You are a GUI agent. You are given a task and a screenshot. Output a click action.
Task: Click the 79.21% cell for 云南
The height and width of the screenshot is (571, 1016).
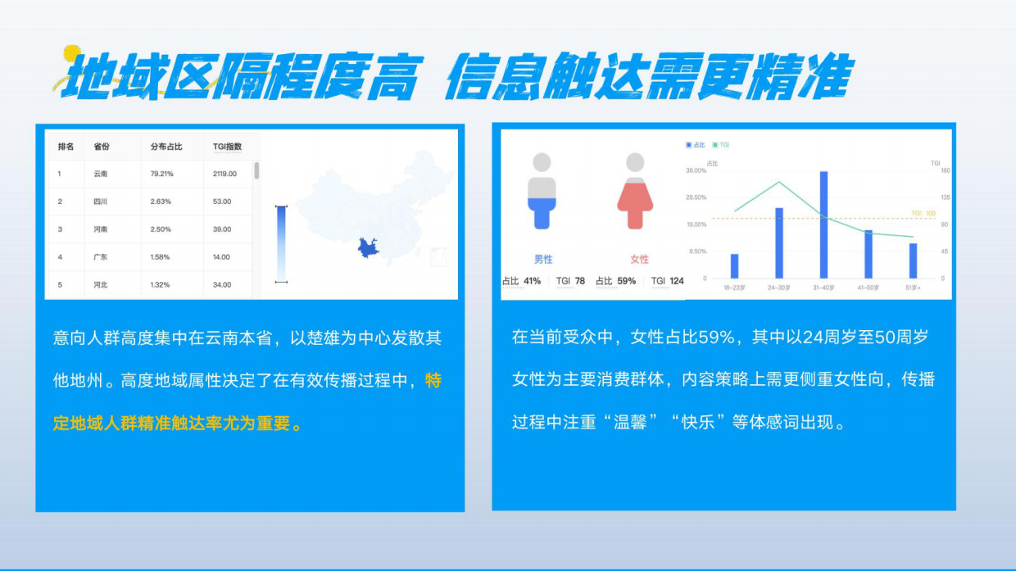pos(162,174)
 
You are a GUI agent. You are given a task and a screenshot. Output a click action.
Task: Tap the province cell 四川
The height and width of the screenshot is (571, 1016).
pos(101,202)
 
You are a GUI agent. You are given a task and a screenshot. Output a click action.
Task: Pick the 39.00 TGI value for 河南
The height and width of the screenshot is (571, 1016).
pos(222,229)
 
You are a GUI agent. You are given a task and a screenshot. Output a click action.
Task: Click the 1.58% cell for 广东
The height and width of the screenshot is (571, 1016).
pos(161,257)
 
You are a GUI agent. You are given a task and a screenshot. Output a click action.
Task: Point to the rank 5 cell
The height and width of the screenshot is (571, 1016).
pos(60,285)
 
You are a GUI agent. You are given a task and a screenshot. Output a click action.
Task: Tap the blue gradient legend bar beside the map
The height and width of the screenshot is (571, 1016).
pos(281,243)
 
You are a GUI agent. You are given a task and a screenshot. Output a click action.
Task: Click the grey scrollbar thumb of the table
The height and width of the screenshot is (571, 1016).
pos(256,170)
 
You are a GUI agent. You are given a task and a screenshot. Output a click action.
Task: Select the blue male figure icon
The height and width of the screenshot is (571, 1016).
pos(542,193)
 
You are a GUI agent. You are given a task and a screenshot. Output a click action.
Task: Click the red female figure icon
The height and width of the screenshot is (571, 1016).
pos(638,193)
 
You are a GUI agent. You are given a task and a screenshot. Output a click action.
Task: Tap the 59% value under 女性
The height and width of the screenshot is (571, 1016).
pos(626,281)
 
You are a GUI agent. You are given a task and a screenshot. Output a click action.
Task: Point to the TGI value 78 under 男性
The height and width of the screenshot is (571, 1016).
pos(579,281)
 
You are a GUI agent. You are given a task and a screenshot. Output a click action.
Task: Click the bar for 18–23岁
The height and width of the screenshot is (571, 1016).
pos(734,266)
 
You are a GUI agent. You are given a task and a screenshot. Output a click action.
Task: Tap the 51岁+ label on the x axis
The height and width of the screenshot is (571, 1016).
pos(913,288)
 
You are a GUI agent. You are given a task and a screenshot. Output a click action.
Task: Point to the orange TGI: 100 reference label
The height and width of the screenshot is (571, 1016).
pos(923,213)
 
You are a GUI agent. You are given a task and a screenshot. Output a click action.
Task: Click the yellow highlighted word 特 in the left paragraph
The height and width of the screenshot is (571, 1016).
pos(434,381)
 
